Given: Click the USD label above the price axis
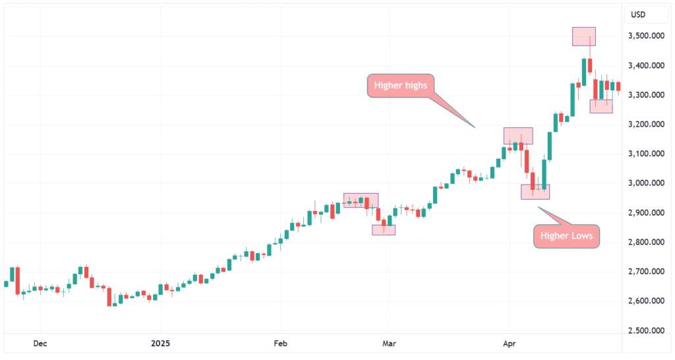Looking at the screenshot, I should pos(638,15).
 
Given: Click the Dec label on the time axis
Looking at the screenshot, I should pos(40,344).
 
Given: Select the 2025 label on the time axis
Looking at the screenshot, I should pos(161,344).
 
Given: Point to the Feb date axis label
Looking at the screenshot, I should pos(281,344).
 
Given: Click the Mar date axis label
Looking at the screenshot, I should pos(390,344).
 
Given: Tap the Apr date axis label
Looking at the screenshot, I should pos(508,344).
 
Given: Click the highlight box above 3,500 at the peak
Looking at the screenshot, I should pos(584,36).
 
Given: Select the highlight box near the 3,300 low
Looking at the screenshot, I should pos(601,106).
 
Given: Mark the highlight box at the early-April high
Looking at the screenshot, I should pos(518,136).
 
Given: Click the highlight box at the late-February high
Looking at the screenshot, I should pos(361,200).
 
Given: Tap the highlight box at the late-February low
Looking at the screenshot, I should pos(384,230).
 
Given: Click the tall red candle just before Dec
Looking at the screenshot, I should pos(18,280).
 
